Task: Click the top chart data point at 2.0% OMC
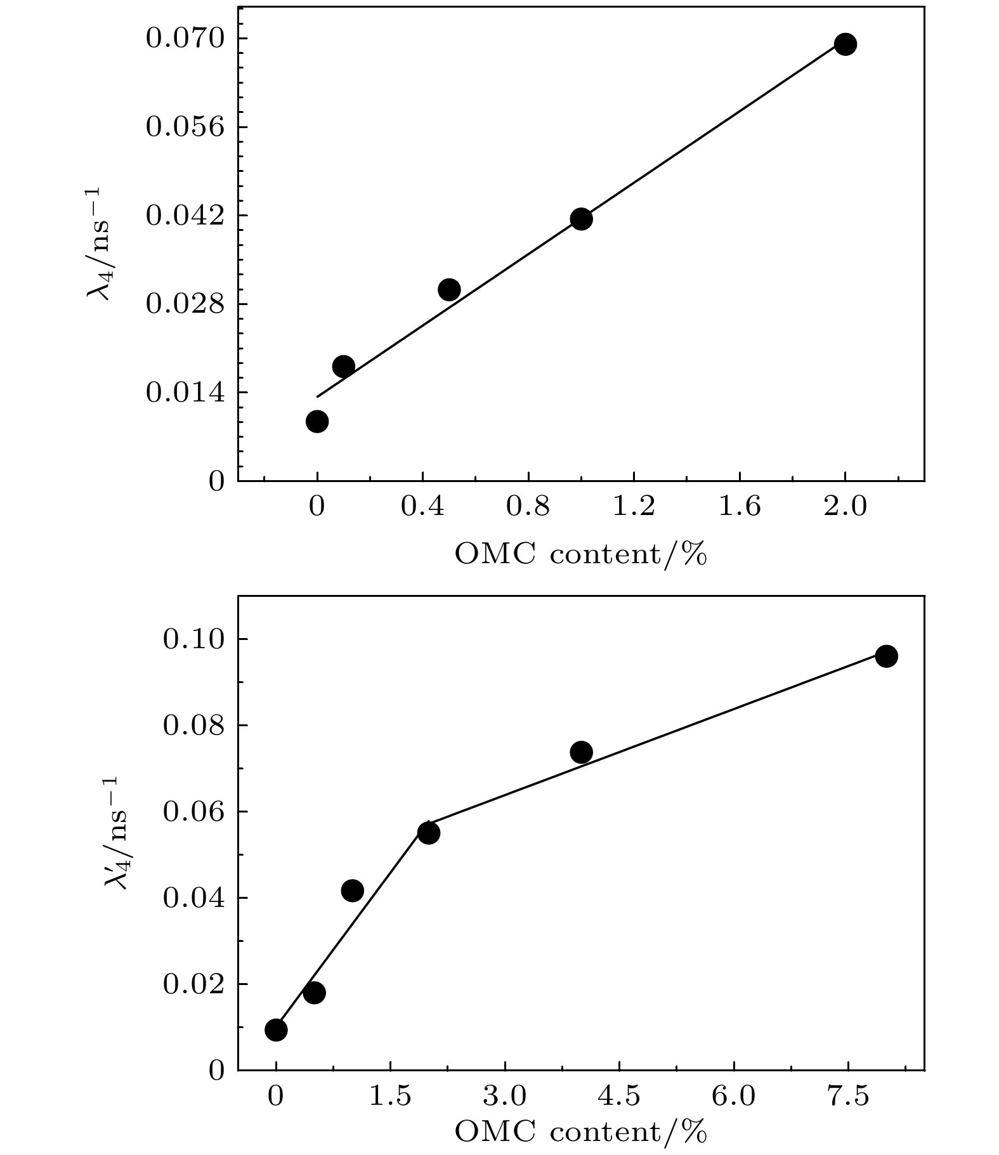845,44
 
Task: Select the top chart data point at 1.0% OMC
581,219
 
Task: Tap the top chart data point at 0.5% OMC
449,290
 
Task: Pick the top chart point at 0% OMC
317,421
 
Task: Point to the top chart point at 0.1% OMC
343,366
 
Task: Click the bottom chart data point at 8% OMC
886,656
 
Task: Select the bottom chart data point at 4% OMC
581,752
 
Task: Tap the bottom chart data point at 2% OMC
429,833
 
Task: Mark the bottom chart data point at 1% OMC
352,891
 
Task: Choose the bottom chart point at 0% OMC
276,1029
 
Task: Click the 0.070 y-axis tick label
185,39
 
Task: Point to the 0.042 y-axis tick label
185,216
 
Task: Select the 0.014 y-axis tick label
185,393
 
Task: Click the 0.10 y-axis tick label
194,639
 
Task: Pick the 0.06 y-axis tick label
194,812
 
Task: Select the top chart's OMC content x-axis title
580,555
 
